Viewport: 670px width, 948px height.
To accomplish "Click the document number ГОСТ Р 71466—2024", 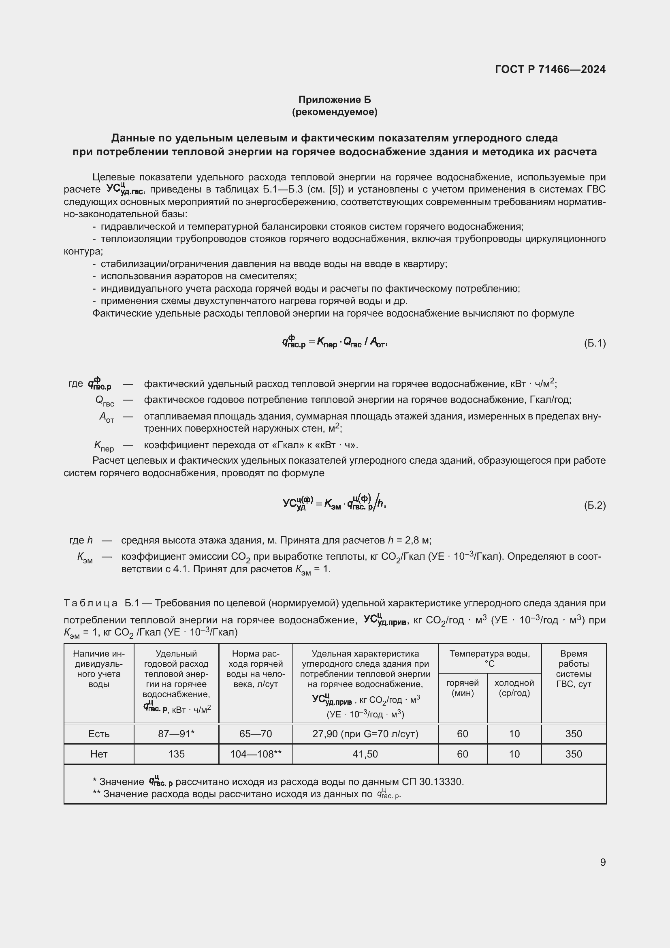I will click(550, 69).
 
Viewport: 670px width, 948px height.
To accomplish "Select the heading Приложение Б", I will click(335, 100).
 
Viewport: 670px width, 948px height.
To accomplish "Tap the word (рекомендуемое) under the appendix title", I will click(335, 112).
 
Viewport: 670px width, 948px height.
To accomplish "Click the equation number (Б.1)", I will click(595, 343).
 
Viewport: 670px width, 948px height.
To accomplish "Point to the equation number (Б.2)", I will click(595, 505).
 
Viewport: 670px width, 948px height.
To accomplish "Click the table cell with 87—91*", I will click(176, 734).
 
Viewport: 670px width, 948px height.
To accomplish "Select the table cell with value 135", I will click(176, 754).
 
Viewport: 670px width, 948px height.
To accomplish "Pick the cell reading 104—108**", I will click(255, 754).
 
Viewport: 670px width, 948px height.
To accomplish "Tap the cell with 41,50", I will click(365, 754).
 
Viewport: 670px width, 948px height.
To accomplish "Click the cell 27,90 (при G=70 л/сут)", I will click(365, 734).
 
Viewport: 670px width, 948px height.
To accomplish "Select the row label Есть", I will click(98, 734).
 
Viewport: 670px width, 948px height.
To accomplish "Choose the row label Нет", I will click(98, 754).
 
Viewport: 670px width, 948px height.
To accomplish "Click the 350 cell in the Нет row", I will click(574, 754).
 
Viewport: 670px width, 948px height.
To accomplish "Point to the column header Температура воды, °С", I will click(489, 659).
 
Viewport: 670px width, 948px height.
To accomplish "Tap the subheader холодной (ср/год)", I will click(514, 688).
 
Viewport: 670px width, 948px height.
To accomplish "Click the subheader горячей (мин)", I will click(463, 688).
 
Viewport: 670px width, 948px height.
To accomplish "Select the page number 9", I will click(603, 862).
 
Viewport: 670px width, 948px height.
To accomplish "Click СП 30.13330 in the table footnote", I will click(432, 781).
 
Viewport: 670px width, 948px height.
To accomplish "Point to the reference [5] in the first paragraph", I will click(337, 190).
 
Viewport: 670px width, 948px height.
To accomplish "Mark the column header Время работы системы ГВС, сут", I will click(574, 668).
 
